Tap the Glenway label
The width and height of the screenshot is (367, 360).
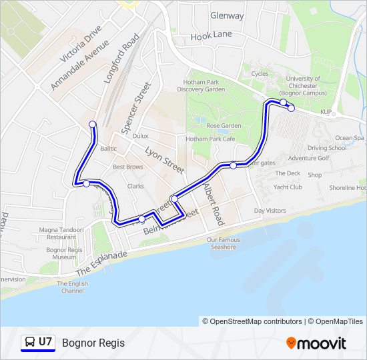[227, 15]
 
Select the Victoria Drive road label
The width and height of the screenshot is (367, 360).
[81, 44]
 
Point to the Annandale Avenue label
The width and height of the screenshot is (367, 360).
[79, 65]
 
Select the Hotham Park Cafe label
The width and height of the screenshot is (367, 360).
[210, 139]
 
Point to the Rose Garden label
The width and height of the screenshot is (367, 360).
[223, 125]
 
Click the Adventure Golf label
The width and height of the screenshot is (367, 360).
[309, 158]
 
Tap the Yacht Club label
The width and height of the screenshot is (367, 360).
[288, 187]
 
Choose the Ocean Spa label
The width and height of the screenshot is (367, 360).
[350, 138]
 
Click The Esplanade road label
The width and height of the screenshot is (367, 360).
[101, 263]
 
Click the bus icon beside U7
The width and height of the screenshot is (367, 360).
[29, 343]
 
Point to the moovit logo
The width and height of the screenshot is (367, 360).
[316, 343]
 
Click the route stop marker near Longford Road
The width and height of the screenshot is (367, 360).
[93, 124]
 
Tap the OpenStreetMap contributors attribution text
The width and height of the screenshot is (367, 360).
[256, 321]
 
